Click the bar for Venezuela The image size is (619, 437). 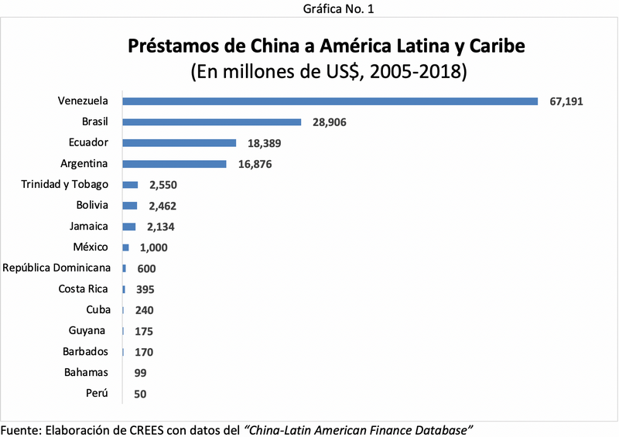(330, 101)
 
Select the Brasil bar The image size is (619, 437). (211, 121)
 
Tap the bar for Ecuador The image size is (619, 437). (179, 142)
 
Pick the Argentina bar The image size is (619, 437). (174, 163)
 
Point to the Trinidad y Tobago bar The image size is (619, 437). (130, 185)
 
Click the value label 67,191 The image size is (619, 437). (569, 102)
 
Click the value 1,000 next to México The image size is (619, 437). (153, 248)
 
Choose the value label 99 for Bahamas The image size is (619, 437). (140, 373)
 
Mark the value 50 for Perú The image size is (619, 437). (139, 394)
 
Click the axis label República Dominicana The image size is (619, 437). (58, 268)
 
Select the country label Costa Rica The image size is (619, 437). (84, 288)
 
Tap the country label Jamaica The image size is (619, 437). (88, 226)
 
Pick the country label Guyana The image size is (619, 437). (87, 330)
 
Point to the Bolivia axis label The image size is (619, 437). (92, 205)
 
